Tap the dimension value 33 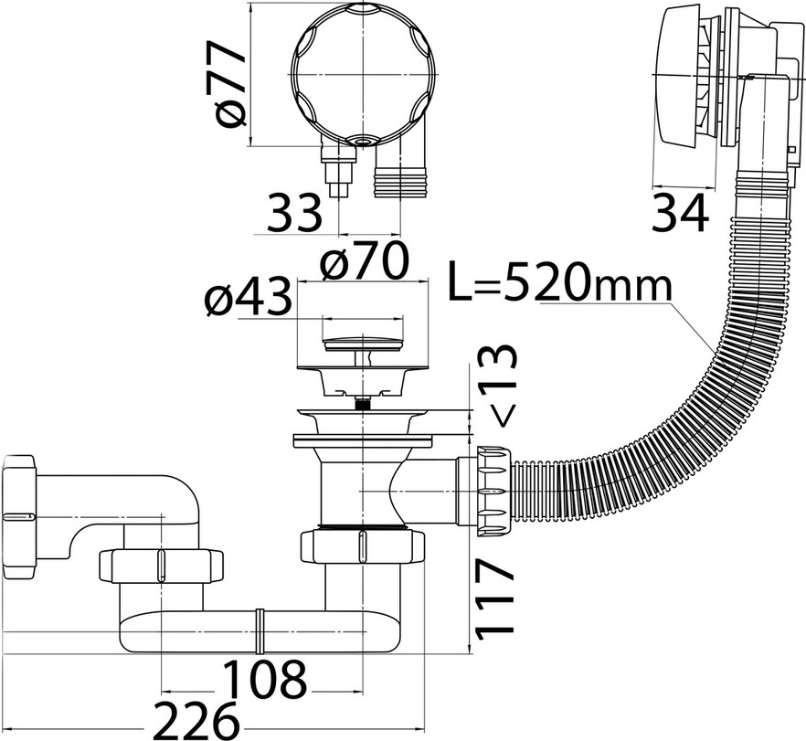pyautogui.click(x=294, y=212)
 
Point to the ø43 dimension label pyautogui.click(x=248, y=298)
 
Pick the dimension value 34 pyautogui.click(x=680, y=213)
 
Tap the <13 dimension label pyautogui.click(x=497, y=386)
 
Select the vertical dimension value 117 pyautogui.click(x=494, y=600)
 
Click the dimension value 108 pyautogui.click(x=265, y=677)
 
